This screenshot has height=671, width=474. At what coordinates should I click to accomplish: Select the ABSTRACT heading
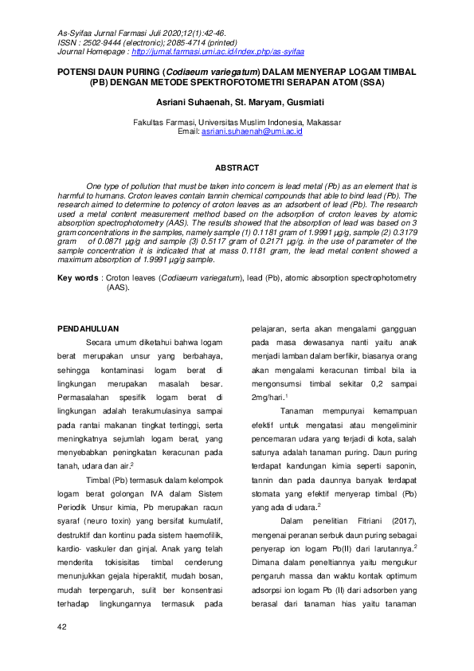[237, 167]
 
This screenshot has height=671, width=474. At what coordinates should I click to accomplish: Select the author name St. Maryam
[256, 103]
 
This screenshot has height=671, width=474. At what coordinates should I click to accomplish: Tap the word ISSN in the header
[68, 42]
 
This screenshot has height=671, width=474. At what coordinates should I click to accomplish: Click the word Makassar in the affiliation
[320, 122]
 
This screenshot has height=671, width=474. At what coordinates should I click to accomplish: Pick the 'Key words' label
[77, 278]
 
